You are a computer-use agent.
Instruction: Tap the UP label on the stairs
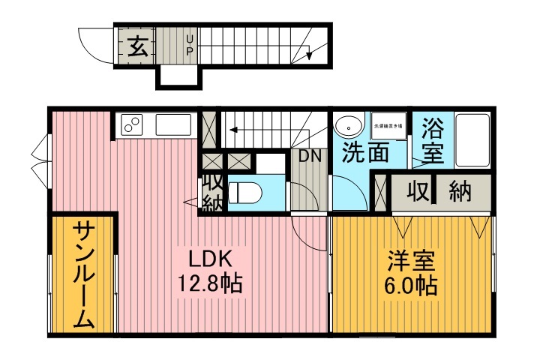pos(190,44)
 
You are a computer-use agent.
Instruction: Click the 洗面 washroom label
pos(365,153)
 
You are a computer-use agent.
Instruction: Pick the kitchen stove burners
pos(132,124)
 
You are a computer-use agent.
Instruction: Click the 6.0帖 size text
pos(412,286)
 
